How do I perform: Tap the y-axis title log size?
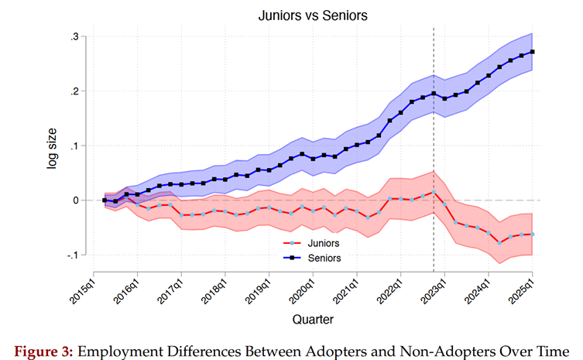tap(53, 146)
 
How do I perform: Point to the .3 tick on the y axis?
tap(75, 36)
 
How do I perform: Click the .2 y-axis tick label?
tap(75, 91)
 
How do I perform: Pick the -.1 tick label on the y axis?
tap(73, 255)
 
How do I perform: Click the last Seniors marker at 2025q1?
tap(533, 52)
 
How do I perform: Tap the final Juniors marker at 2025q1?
tap(533, 234)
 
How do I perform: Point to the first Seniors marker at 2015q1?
tap(105, 201)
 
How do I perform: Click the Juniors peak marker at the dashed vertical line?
tap(434, 191)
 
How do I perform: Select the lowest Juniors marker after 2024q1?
tap(500, 242)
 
